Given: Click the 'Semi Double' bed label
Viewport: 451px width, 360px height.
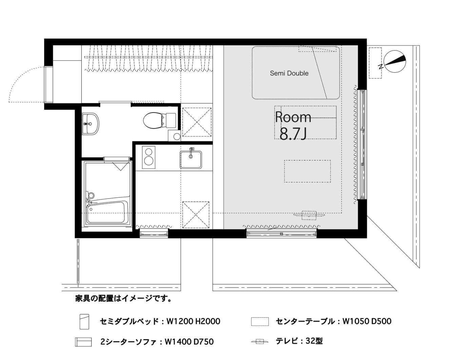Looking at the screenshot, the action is pos(289,73).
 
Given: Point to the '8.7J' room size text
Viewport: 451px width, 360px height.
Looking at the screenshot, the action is pos(293,134).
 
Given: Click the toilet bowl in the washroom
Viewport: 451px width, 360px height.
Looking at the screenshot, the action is pos(159,120).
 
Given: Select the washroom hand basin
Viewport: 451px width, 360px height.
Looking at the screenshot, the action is pos(90,124).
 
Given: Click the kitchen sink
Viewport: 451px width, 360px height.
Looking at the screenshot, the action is pos(191,160).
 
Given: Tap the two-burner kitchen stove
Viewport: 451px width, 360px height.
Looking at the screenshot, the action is pos(149,157).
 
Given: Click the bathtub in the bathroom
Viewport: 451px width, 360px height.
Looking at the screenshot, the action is pos(107,213).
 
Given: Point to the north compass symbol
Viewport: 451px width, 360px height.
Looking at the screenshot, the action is pos(394,62).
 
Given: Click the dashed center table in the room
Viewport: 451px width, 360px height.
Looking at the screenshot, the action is pos(308,171).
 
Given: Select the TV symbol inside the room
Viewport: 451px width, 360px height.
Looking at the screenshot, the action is pos(309,215).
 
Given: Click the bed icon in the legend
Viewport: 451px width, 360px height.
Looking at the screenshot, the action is pos(84,322).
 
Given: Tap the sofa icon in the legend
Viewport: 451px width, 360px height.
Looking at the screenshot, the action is pos(83,342).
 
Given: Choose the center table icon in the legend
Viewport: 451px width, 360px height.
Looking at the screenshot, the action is pos(260,321).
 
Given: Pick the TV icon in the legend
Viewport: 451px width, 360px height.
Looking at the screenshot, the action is pos(260,342).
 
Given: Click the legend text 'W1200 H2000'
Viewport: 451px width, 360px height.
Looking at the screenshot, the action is pos(193,321).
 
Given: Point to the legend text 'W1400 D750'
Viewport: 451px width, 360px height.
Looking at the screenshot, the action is pos(189,342).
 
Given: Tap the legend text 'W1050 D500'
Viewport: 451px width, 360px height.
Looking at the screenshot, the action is pos(367,321).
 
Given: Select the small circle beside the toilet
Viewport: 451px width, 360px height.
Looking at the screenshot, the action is pos(177,137).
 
